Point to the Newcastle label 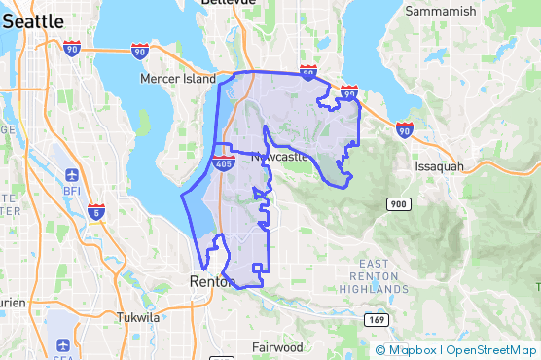click(x=279, y=157)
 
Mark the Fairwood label click(x=277, y=347)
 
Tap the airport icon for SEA click(x=63, y=344)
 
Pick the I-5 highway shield click(x=95, y=211)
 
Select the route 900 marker click(x=397, y=203)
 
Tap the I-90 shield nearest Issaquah click(x=405, y=128)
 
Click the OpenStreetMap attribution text click(x=490, y=350)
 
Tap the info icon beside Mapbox click(x=380, y=350)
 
